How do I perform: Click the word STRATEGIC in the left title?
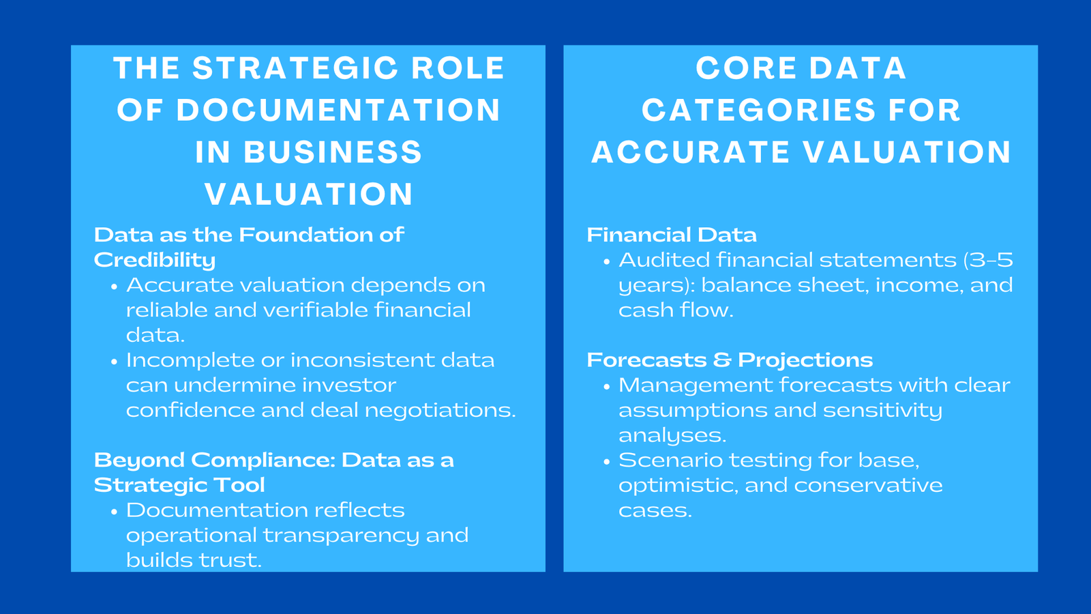point(295,68)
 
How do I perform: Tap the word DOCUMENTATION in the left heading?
point(339,111)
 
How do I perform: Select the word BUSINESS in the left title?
point(333,152)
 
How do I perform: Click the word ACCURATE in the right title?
point(691,152)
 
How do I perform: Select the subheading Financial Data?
point(672,235)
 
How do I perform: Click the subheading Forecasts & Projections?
point(730,360)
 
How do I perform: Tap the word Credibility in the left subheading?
point(155,260)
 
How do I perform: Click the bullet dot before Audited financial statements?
point(606,262)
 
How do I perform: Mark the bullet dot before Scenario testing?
point(606,462)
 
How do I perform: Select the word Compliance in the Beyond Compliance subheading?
point(263,460)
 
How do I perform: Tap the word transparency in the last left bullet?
point(341,536)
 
